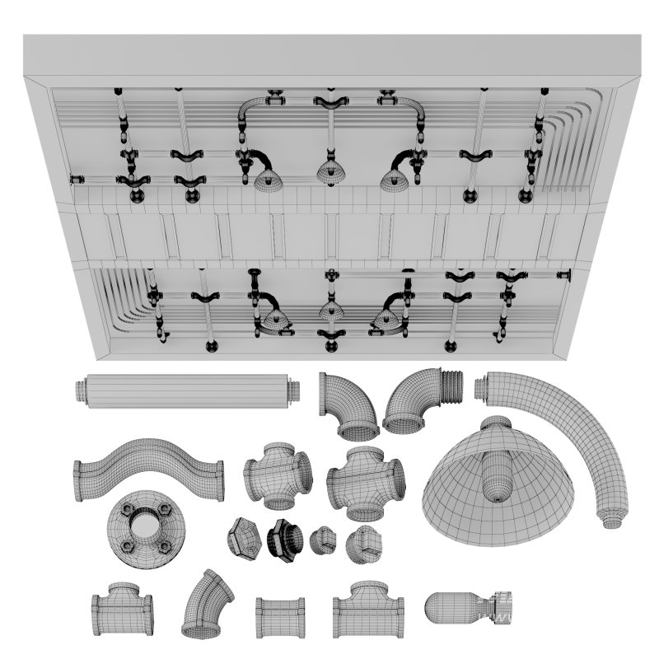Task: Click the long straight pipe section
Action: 185,391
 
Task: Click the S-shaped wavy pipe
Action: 148,470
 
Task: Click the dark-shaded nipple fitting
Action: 283,540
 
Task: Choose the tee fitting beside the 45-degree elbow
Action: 122,610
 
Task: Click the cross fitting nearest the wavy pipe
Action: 278,475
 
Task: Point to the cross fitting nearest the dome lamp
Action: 365,483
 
